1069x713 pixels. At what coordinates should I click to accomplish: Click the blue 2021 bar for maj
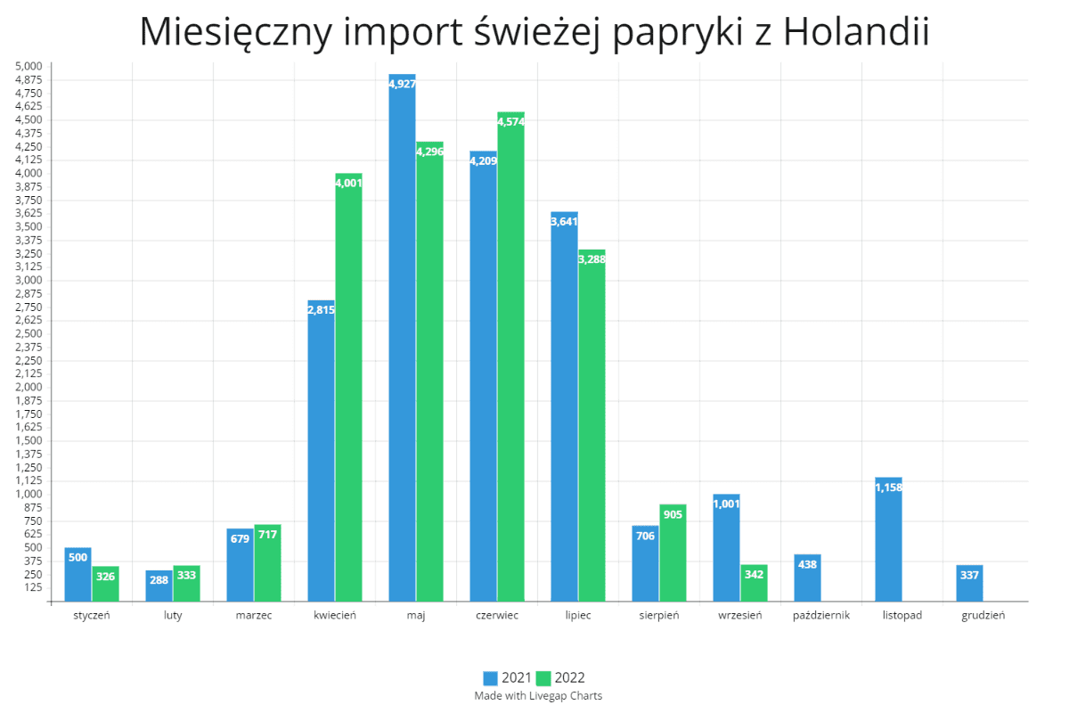tap(402, 339)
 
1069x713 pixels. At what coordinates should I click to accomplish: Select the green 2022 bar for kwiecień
tap(348, 388)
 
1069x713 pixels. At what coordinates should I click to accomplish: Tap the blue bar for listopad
tap(888, 540)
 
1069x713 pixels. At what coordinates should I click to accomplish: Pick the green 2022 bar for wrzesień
tap(754, 583)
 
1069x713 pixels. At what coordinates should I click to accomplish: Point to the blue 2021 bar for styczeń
tap(78, 575)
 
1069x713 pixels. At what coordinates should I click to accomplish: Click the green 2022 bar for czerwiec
tap(510, 356)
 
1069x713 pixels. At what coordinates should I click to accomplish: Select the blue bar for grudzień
tap(969, 584)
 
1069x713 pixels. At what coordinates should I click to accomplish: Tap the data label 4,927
tap(402, 84)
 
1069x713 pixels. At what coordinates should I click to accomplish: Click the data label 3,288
tap(592, 259)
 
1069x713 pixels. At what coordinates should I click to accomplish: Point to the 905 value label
tap(673, 514)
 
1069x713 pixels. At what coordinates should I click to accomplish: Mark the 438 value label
tap(807, 564)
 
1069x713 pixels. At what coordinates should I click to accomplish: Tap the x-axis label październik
tap(821, 615)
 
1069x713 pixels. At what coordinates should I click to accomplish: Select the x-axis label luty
tap(173, 615)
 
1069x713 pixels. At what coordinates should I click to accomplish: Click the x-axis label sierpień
tap(660, 615)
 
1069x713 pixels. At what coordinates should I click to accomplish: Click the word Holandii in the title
tap(857, 32)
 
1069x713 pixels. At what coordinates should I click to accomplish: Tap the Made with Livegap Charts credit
tap(538, 696)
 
